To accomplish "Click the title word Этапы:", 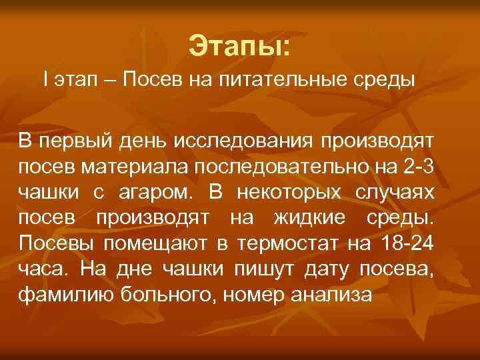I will tap(239, 46).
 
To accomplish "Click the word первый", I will tap(69, 141).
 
